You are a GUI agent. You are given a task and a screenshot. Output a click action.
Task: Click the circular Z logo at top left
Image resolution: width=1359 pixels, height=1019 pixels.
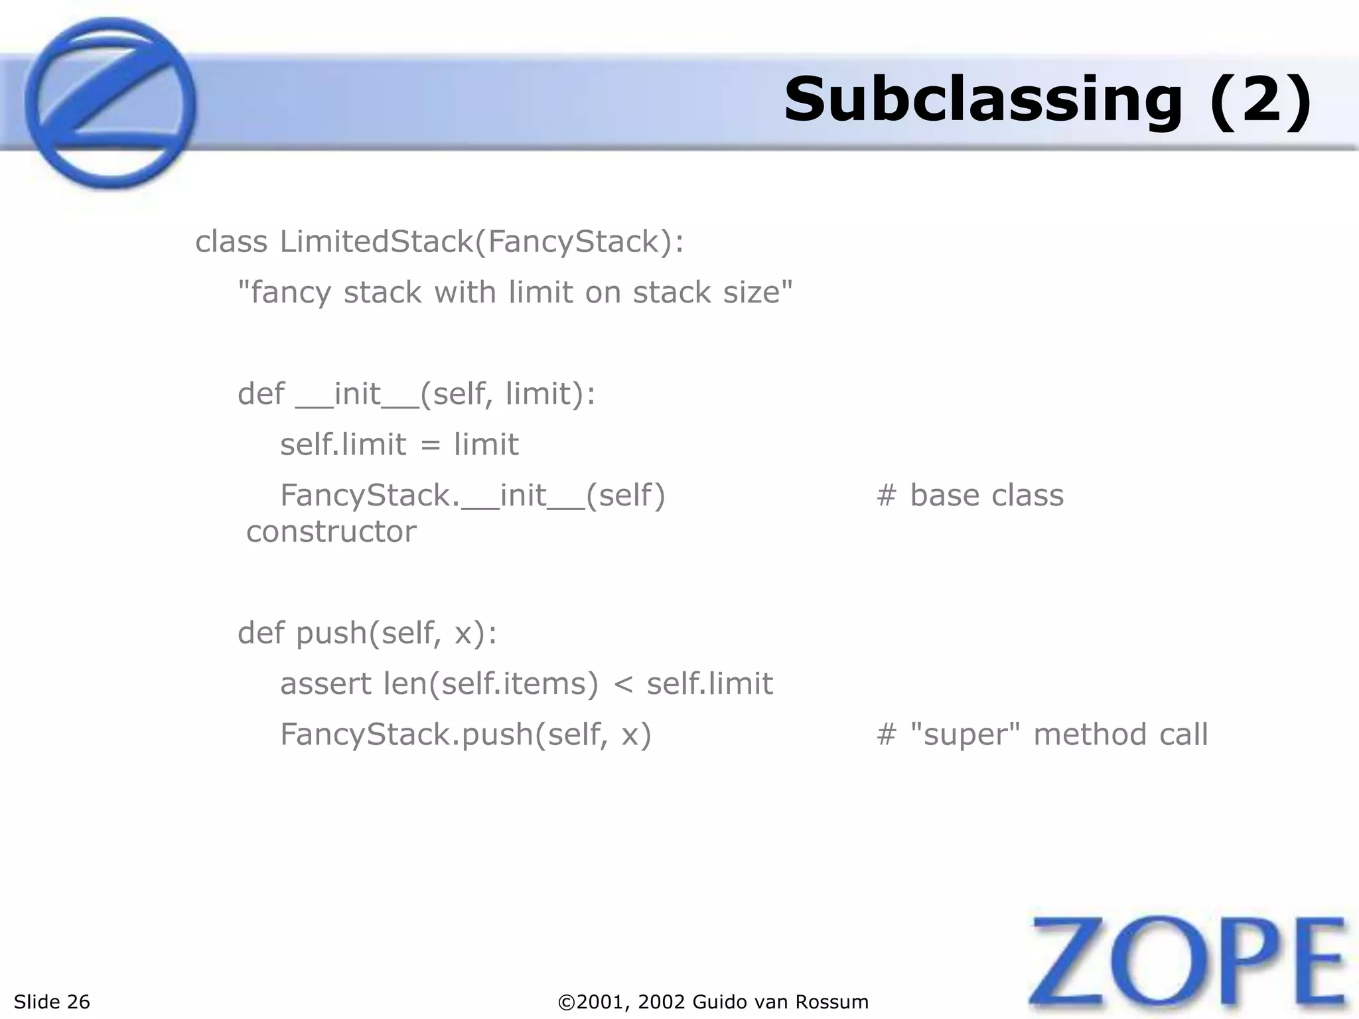[110, 103]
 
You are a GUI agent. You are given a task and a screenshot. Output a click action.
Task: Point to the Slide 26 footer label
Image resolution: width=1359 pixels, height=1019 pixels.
[52, 1002]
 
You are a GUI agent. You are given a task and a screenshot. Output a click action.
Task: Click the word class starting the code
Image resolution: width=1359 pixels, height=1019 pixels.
[231, 241]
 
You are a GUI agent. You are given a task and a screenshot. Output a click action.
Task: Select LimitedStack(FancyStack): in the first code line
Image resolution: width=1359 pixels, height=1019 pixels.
[482, 241]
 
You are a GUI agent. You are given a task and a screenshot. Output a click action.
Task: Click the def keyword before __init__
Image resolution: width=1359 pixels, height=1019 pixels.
[261, 394]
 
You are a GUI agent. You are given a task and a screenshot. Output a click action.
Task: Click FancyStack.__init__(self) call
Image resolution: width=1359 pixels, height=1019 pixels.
[472, 496]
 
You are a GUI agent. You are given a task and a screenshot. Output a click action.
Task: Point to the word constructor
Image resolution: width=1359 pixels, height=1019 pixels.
[331, 531]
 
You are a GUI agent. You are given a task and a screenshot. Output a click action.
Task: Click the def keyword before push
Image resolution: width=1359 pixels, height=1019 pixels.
[261, 633]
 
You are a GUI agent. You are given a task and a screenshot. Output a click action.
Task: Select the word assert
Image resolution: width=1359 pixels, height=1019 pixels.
[326, 684]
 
